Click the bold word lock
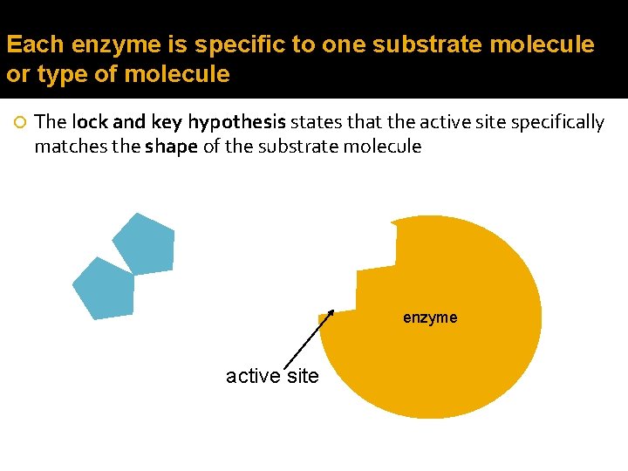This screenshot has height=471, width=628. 88,122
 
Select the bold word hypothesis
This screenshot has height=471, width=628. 237,123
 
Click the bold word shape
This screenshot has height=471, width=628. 171,147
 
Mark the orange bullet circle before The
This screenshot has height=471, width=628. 21,122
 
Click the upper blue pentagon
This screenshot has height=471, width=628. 145,242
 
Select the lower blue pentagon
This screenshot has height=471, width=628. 105,289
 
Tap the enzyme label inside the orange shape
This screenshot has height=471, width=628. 430,317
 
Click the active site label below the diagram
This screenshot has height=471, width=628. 272,376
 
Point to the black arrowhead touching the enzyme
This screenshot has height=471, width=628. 330,314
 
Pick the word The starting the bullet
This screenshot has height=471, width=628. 51,122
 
